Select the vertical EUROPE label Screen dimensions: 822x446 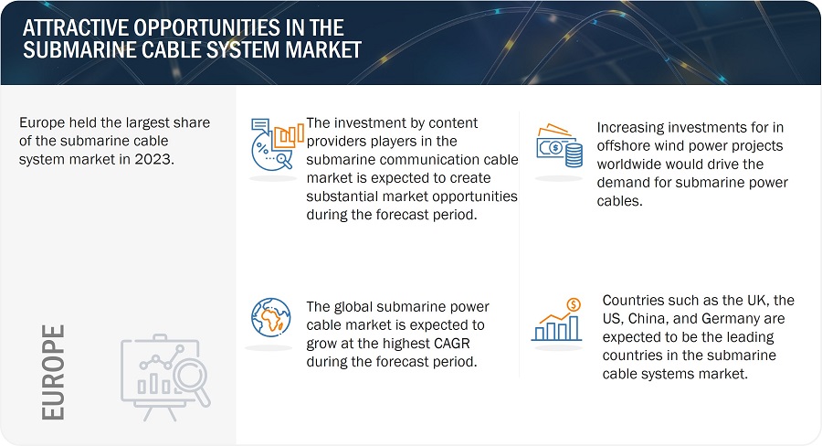53,372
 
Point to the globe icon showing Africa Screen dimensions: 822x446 270,317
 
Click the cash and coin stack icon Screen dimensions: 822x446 559,145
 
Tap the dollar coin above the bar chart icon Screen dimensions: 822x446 574,305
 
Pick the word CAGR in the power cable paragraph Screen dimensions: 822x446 452,343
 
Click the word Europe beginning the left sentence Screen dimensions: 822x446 41,122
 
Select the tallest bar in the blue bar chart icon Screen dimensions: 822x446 574,328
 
